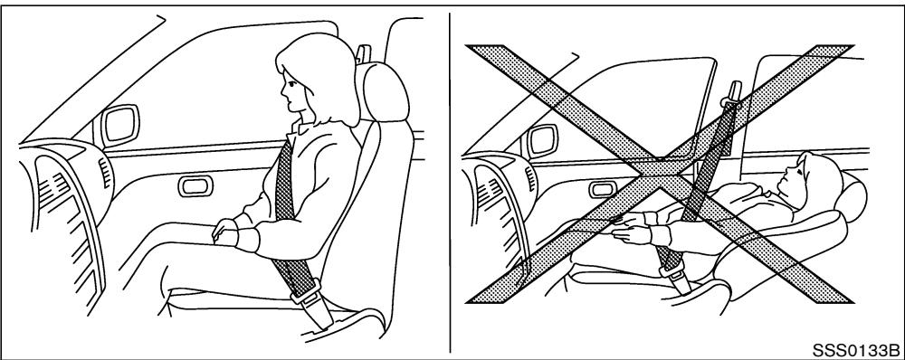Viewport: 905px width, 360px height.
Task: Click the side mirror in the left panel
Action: pyautogui.click(x=119, y=126)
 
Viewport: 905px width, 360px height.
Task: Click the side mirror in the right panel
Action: pyautogui.click(x=543, y=138)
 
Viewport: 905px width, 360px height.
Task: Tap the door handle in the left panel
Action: pyautogui.click(x=194, y=187)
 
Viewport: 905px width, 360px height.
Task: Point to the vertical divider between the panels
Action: pyautogui.click(x=450, y=181)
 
